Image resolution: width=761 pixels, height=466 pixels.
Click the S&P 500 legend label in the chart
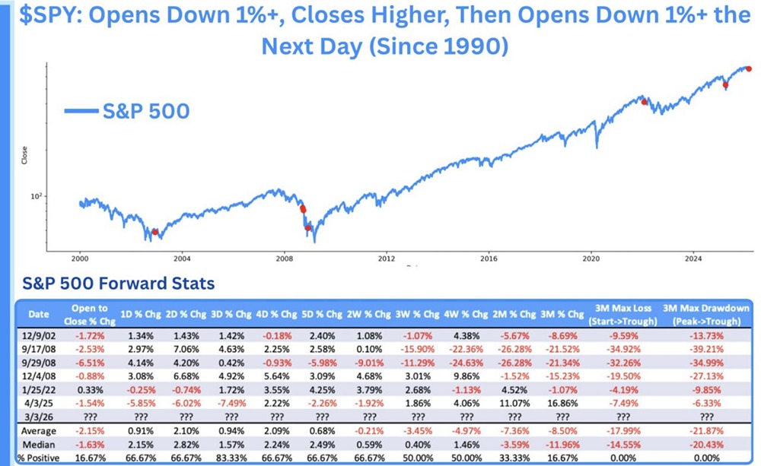(145, 111)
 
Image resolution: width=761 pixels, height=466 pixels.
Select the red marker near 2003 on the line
(154, 233)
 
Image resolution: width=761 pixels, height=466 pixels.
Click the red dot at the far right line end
(749, 68)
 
